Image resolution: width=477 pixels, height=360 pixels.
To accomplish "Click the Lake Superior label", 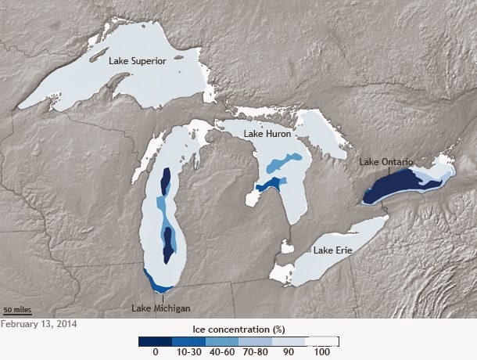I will click(137, 60).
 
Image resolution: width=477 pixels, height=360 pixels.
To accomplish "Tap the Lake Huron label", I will click(267, 134).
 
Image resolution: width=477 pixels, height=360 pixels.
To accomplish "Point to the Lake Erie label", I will click(332, 250).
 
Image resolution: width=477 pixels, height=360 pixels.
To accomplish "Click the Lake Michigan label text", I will click(161, 308).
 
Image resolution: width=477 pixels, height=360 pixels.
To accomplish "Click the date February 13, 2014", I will click(39, 322).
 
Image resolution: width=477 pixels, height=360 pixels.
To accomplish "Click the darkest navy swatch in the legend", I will click(155, 341).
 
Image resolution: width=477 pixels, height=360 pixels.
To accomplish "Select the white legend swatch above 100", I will click(322, 341).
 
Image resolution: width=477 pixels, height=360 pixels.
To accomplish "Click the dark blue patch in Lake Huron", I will click(271, 184).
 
